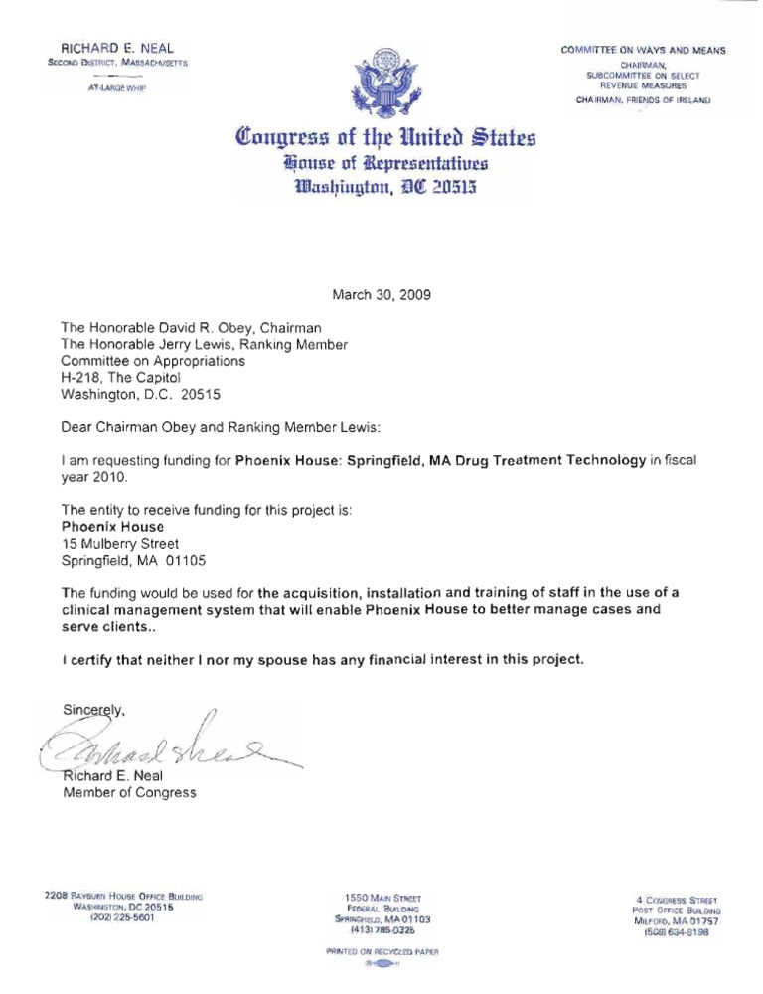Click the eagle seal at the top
pos(382,80)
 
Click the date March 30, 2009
pos(381,294)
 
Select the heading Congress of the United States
pos(382,135)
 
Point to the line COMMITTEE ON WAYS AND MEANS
pos(643,50)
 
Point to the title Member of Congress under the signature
pos(129,792)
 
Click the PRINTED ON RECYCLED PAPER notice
pos(381,951)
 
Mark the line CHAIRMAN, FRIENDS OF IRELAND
pos(643,99)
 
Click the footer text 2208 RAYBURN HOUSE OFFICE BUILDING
pos(124,896)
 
